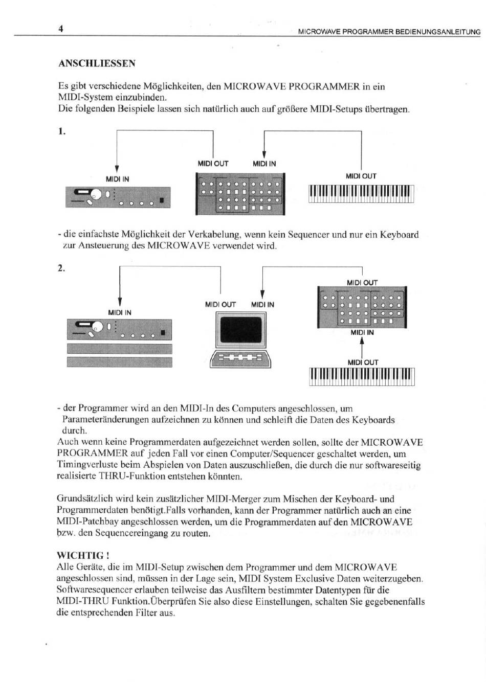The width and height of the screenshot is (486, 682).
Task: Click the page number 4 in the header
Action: point(60,29)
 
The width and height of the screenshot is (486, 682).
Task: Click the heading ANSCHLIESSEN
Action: point(97,63)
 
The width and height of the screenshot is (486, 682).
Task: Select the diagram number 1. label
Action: point(62,131)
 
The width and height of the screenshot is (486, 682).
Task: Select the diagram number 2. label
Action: point(61,268)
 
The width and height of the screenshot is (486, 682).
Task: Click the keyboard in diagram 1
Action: point(361,194)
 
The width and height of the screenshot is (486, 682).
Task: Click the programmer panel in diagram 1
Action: point(240,195)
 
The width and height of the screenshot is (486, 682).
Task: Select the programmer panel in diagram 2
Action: point(362,307)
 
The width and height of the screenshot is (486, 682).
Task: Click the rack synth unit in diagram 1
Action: point(118,197)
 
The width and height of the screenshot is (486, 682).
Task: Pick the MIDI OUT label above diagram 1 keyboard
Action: point(361,176)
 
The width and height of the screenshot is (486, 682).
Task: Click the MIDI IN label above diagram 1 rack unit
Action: point(117,179)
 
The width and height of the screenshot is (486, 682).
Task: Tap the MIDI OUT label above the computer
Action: point(220,305)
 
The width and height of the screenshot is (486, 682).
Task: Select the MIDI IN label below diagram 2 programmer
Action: point(362,333)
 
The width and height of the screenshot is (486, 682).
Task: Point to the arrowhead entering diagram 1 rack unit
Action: point(117,170)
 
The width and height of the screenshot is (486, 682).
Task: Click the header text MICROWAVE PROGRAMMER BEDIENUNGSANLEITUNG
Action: point(389,32)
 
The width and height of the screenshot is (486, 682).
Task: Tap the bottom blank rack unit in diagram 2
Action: point(119,362)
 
